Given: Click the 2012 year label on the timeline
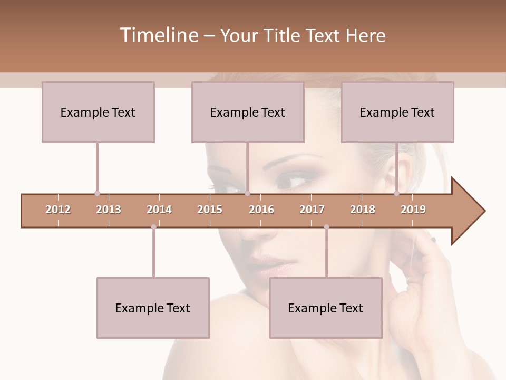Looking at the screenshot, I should (58, 210).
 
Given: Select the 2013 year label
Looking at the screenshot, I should (109, 210).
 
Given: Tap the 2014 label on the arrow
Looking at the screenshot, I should (159, 210).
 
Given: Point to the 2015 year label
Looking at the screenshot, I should (210, 210).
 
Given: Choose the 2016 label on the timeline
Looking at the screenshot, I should (261, 210).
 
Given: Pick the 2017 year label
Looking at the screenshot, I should (312, 210).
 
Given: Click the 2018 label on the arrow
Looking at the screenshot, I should (363, 210).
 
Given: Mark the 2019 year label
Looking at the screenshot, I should (413, 210).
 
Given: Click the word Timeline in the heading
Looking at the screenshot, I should (158, 35).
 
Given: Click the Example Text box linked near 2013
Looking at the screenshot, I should (98, 112).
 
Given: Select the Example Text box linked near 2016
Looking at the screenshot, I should (248, 112).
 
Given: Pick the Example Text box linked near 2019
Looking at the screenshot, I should (397, 112).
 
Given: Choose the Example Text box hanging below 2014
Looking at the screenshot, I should (153, 308).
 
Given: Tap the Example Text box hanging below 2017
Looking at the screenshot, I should (326, 308).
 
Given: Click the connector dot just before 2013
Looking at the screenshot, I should (97, 193).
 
